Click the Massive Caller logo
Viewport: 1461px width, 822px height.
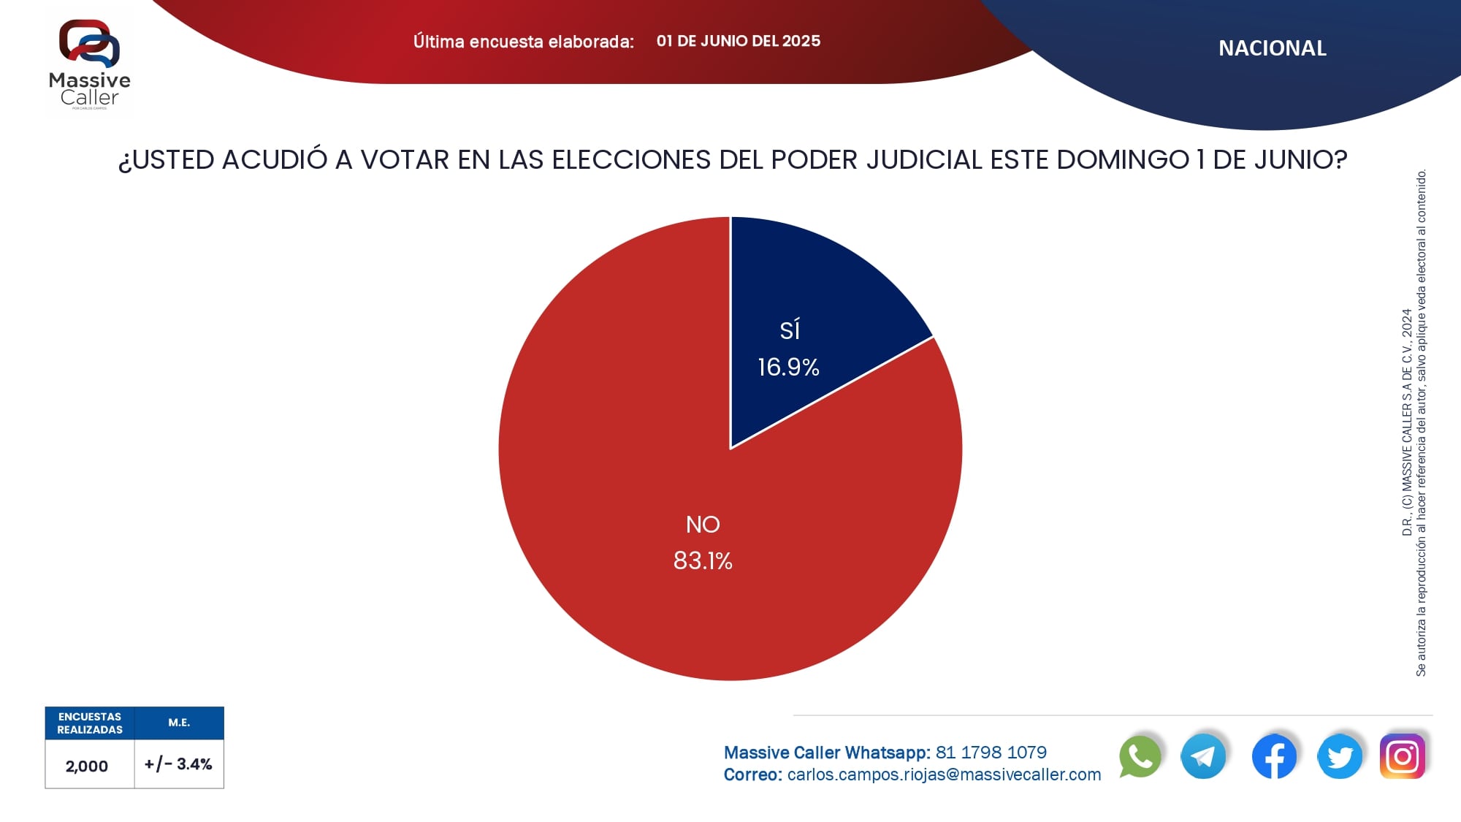(x=90, y=64)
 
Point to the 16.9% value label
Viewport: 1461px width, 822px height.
(x=788, y=367)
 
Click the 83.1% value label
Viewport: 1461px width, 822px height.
(x=703, y=560)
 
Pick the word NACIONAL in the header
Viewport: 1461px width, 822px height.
(x=1272, y=48)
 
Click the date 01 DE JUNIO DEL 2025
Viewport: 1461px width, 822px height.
(x=738, y=41)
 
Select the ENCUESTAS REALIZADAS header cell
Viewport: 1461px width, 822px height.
(x=90, y=723)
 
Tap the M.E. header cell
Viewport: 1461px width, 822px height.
(x=179, y=723)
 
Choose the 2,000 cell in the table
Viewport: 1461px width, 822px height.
(x=87, y=766)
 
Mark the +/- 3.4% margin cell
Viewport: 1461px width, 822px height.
(x=178, y=764)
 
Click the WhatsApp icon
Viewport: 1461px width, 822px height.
(x=1140, y=756)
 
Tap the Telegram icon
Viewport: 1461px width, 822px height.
(x=1203, y=756)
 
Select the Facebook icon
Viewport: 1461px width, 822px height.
(x=1274, y=756)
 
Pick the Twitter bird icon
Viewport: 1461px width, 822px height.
(x=1340, y=756)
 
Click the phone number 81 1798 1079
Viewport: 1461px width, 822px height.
(x=991, y=753)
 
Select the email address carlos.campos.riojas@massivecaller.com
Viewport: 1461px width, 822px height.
(x=944, y=775)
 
